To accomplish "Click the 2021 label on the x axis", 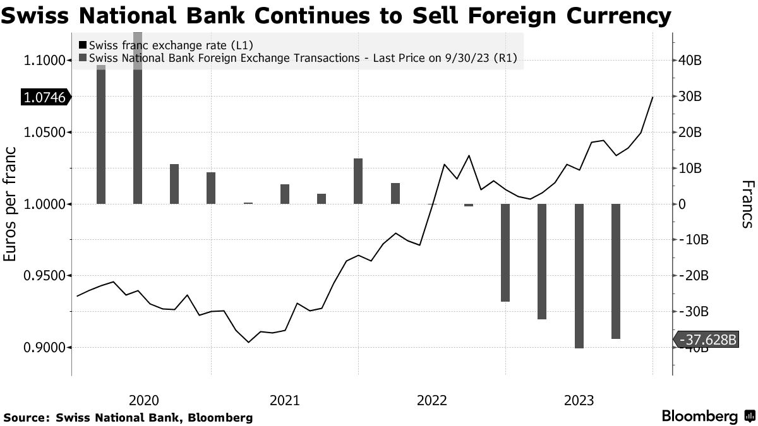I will [284, 399].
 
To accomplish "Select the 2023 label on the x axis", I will [579, 399].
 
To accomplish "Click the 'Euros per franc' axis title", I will [11, 204].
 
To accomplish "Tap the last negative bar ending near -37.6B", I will [616, 271].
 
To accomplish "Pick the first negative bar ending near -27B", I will [505, 252].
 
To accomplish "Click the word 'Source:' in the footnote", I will [27, 417].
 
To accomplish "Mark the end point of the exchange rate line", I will [653, 97].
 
